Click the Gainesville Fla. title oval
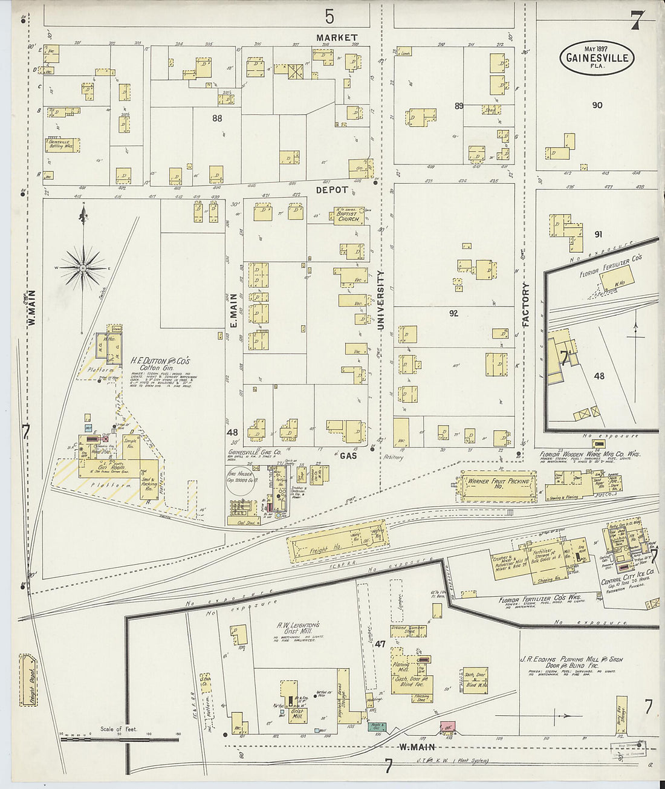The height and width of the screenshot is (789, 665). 597,58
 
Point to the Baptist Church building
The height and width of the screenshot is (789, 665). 349,216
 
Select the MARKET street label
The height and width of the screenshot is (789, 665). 337,37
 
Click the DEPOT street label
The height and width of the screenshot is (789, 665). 332,190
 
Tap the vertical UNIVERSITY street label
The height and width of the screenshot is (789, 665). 380,300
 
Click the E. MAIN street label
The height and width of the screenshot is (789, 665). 233,311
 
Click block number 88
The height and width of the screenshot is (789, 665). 217,119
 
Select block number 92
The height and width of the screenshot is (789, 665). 453,313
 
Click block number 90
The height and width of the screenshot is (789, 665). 597,105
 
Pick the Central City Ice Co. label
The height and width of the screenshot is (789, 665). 628,576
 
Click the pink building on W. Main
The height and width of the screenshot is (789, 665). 447,726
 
